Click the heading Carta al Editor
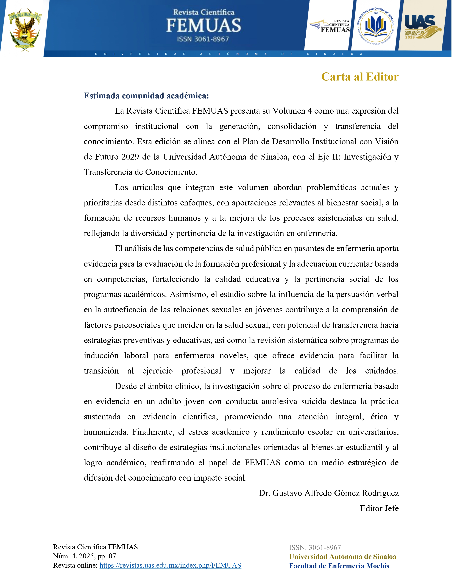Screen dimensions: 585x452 pos(360,77)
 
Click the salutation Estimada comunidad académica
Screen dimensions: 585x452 pos(146,96)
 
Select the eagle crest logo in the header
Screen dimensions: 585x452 pos(25,29)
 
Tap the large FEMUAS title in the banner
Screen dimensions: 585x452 pos(203,26)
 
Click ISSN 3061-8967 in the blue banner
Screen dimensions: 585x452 pos(203,39)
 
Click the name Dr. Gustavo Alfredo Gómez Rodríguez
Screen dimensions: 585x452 pos(329,493)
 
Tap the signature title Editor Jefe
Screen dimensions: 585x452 pos(379,508)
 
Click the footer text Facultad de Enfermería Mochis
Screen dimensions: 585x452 pos(339,566)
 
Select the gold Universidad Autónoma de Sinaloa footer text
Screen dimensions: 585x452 pos(342,557)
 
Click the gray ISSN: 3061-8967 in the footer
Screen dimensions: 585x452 pos(315,547)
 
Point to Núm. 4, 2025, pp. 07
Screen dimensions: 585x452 pos(84,556)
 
